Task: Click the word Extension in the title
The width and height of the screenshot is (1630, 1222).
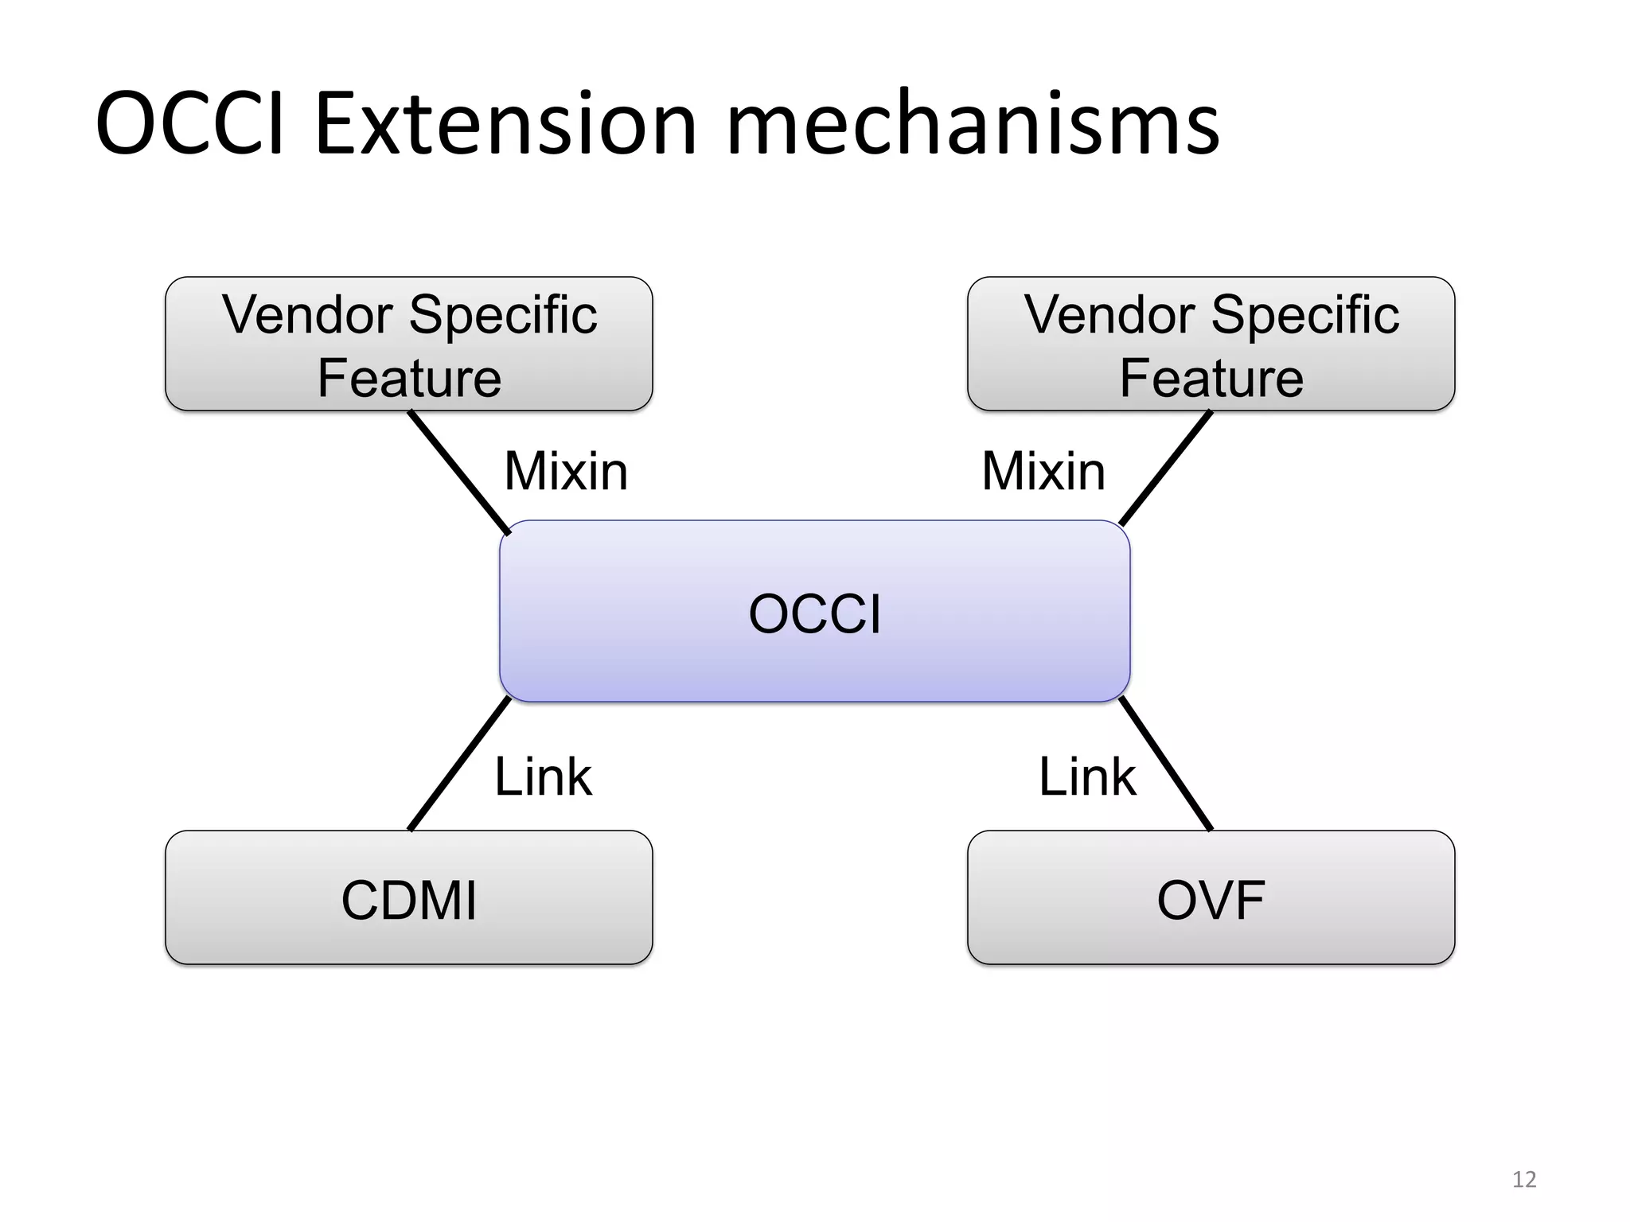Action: tap(505, 126)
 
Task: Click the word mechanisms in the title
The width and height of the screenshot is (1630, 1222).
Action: tap(973, 126)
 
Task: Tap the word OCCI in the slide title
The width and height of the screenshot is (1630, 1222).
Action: tap(189, 126)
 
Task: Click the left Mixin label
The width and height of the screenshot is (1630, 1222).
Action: tap(566, 471)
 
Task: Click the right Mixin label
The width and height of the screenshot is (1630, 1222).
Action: tap(1043, 471)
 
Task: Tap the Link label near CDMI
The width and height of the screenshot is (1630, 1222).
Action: tap(543, 776)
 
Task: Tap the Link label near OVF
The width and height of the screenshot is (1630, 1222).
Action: tap(1087, 776)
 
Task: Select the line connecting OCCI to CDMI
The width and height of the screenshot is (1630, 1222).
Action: tap(459, 764)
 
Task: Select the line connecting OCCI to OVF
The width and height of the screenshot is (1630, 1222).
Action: tap(1166, 764)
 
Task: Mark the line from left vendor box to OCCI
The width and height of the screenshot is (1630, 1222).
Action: tap(459, 473)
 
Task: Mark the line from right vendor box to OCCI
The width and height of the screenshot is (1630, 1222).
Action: tap(1166, 468)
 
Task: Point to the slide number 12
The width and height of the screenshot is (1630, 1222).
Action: tap(1523, 1179)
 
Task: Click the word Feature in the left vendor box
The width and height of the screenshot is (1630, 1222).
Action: tap(409, 378)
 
